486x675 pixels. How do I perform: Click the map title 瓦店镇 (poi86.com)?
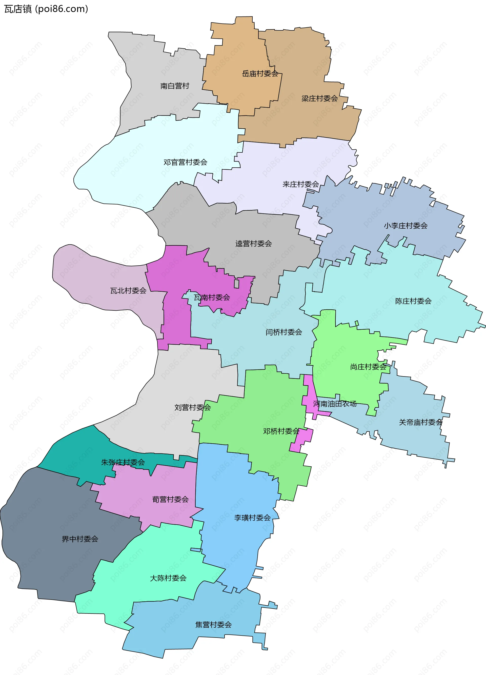pyautogui.click(x=46, y=9)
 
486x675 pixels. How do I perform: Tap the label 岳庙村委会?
pyautogui.click(x=260, y=73)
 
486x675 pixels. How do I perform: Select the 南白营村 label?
pyautogui.click(x=175, y=86)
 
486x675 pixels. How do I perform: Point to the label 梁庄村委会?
pyautogui.click(x=319, y=98)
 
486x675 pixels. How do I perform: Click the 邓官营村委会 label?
pyautogui.click(x=185, y=162)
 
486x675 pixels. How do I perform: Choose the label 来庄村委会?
pyautogui.click(x=301, y=184)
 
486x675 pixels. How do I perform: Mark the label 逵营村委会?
pyautogui.click(x=254, y=244)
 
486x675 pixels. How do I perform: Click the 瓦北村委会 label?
pyautogui.click(x=128, y=290)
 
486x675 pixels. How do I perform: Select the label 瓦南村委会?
pyautogui.click(x=212, y=297)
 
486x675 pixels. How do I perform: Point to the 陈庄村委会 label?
pyautogui.click(x=413, y=301)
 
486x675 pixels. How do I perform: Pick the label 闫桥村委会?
pyautogui.click(x=283, y=332)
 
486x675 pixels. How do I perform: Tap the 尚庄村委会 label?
pyautogui.click(x=368, y=367)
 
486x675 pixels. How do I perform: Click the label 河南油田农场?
pyautogui.click(x=335, y=404)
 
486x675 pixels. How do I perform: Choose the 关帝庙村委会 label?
pyautogui.click(x=420, y=422)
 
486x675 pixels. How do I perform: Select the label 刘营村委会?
pyautogui.click(x=193, y=407)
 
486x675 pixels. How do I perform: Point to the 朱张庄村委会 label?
pyautogui.click(x=123, y=462)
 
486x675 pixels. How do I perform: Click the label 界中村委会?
pyautogui.click(x=80, y=539)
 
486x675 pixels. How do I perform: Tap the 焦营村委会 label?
pyautogui.click(x=213, y=625)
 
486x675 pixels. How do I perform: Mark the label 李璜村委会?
pyautogui.click(x=252, y=518)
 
